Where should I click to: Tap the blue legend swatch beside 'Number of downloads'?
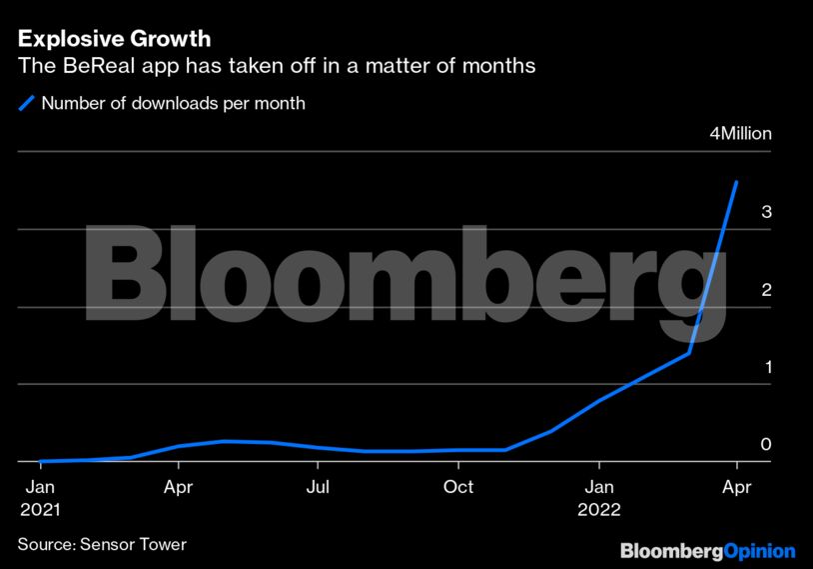26,103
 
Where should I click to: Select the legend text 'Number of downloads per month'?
173,103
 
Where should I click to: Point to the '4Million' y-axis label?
740,134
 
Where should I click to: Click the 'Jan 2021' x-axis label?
40,498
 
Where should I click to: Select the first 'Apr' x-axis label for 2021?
179,488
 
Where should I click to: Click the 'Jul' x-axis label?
318,488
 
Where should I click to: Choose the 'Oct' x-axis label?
458,488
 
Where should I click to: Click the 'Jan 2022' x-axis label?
599,498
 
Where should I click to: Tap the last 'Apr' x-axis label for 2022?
736,488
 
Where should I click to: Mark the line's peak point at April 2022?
736,182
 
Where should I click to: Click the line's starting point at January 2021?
40,461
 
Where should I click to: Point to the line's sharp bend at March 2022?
689,353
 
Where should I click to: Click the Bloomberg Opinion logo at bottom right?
707,551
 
